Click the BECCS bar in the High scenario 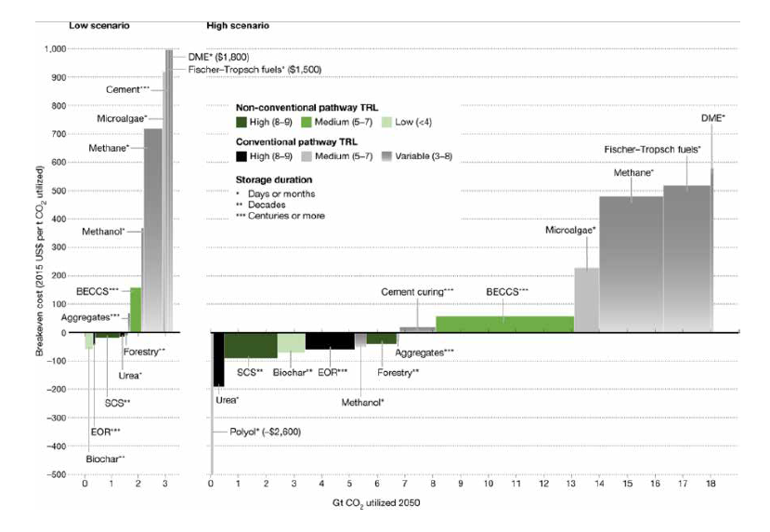tap(504, 324)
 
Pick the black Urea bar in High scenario tap(219, 359)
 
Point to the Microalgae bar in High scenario tap(586, 299)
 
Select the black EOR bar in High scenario tap(330, 340)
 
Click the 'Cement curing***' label tap(418, 292)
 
